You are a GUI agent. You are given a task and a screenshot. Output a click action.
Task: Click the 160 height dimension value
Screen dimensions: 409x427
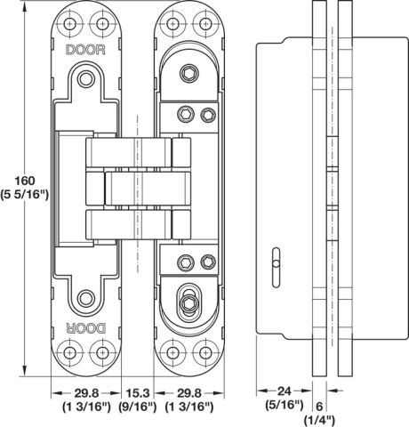(x=25, y=181)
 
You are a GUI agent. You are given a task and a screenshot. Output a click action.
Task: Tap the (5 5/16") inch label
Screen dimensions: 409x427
(x=24, y=195)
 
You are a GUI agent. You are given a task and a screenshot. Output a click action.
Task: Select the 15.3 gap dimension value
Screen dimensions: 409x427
(x=138, y=393)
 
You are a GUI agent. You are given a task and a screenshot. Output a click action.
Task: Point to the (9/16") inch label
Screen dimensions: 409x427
(x=138, y=407)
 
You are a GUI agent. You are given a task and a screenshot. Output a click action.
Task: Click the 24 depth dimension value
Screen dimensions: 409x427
(x=285, y=391)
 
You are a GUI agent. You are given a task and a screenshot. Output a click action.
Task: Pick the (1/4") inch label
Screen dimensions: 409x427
(x=319, y=420)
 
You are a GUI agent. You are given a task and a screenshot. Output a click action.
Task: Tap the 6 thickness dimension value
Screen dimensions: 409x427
(x=319, y=407)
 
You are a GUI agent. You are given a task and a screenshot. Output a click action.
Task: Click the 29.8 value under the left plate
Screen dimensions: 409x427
(x=86, y=393)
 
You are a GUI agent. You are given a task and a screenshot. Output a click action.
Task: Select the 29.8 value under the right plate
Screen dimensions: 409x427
(x=189, y=393)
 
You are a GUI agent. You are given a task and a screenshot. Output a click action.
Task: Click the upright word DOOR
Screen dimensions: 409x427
(x=85, y=50)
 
